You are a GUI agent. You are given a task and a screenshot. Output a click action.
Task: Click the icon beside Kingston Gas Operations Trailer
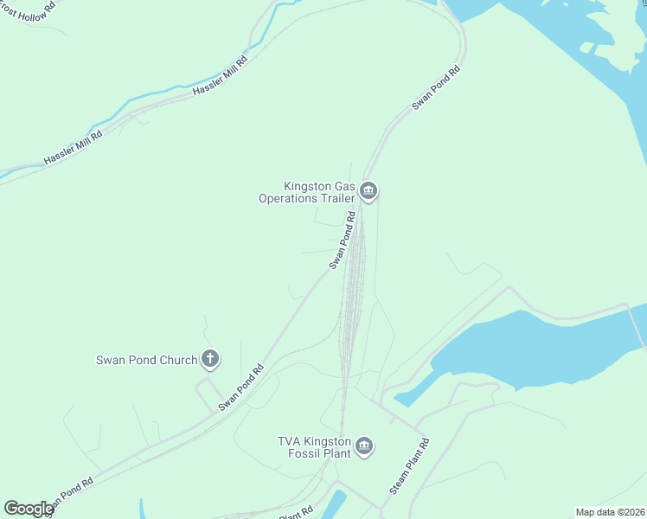pos(368,191)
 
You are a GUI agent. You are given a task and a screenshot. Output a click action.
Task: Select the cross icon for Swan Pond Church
pos(209,358)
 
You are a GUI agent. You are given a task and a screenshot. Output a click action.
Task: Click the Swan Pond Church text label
pos(147,360)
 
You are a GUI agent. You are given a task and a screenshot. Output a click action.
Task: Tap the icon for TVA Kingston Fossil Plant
pos(364,446)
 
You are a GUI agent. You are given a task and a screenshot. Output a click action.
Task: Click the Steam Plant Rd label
pos(409,466)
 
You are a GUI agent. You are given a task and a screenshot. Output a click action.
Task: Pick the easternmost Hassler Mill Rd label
pos(221,76)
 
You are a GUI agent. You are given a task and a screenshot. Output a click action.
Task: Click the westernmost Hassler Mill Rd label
pos(74,148)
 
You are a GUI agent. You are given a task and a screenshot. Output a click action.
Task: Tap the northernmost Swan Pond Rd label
pos(435,86)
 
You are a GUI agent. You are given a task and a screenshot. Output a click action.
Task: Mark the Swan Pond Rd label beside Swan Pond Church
pos(241,388)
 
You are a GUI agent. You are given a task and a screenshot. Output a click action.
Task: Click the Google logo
pos(29,509)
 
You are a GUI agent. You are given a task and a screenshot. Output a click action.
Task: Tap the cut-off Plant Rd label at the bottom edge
pos(296,514)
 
